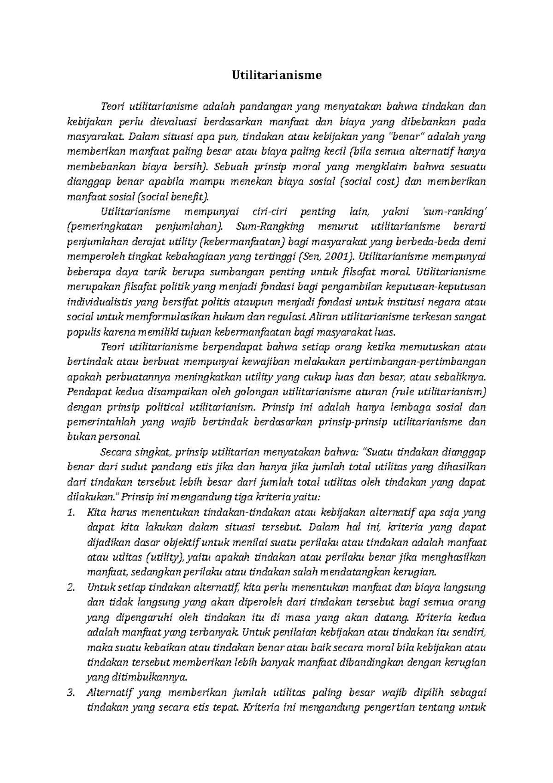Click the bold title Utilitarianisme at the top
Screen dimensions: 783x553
276,75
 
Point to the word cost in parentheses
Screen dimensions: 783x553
386,182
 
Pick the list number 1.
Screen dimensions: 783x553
71,512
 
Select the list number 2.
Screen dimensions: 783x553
71,587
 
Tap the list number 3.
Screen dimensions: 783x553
71,693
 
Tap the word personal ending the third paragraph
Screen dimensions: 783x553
126,437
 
